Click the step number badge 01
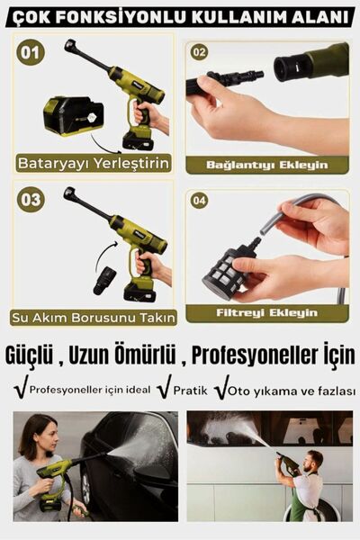[31, 53]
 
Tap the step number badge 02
[200, 52]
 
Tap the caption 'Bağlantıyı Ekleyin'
[266, 165]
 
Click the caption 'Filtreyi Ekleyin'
[267, 313]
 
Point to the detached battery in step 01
[72, 115]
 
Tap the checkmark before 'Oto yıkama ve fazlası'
[221, 388]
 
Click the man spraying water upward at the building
[304, 481]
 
